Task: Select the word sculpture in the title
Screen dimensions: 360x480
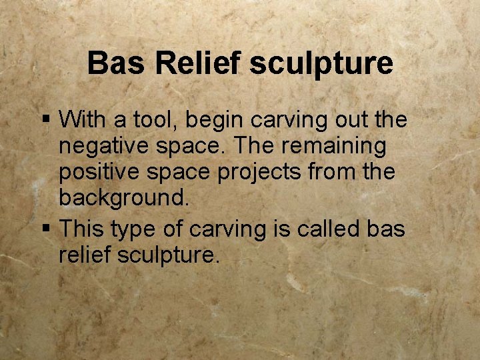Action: tap(321, 64)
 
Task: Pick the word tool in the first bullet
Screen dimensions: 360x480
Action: tap(155, 120)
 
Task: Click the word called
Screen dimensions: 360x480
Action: tap(327, 229)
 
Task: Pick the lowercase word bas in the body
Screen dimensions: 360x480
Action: tap(387, 229)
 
